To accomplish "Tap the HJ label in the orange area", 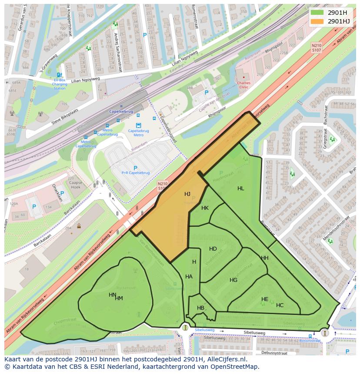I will click(x=187, y=194).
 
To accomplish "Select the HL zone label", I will click(x=241, y=189).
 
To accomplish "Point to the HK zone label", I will click(x=205, y=208).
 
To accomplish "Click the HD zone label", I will click(x=213, y=249).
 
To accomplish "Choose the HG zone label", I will click(x=233, y=280).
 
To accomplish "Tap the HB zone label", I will click(x=200, y=308).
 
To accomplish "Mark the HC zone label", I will click(x=280, y=305).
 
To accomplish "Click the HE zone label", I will click(x=265, y=299).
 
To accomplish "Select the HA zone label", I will click(x=189, y=277).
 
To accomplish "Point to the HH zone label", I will click(x=264, y=258).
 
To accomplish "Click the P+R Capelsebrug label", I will click(x=135, y=172).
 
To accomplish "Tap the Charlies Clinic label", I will click(x=243, y=85).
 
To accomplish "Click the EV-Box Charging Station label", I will click(x=60, y=84).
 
